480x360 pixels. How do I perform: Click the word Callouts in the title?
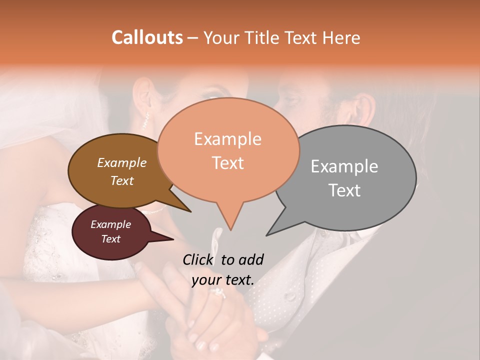click(147, 37)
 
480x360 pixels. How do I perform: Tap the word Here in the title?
click(341, 37)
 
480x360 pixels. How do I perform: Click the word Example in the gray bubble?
click(344, 166)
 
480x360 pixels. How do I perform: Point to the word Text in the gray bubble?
click(344, 190)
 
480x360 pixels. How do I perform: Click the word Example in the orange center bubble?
click(227, 139)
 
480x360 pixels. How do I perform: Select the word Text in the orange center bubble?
click(227, 163)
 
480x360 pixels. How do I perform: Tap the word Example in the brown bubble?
click(122, 163)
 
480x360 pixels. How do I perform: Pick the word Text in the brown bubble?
click(122, 180)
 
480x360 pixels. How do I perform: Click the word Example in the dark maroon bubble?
click(110, 224)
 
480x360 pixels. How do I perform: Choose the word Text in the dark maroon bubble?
click(110, 239)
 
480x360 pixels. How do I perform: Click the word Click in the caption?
click(198, 259)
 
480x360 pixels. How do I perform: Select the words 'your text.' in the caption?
click(223, 280)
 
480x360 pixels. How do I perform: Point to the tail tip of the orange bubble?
click(230, 230)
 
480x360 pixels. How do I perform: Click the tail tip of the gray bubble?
click(267, 235)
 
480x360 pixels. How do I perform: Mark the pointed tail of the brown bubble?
click(190, 211)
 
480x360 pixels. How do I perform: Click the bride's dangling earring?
click(146, 120)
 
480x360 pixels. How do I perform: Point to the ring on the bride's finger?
click(218, 293)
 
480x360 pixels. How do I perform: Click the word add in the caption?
click(251, 259)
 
